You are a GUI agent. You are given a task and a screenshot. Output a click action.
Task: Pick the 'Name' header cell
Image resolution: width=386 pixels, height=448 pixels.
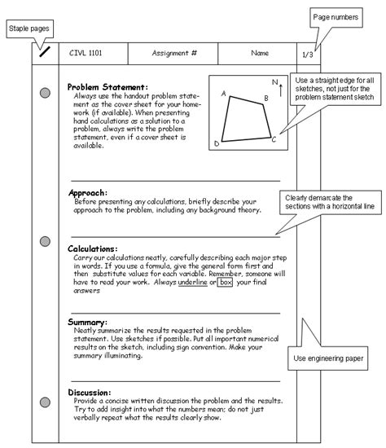260,54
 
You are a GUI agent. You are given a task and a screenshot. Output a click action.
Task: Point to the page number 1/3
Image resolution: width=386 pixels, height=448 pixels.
308,55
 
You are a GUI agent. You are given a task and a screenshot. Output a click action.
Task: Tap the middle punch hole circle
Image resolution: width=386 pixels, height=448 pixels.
45,243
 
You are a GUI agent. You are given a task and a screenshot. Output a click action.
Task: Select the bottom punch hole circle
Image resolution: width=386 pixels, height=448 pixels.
45,401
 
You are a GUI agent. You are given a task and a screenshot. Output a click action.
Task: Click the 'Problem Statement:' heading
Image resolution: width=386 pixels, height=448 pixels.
107,86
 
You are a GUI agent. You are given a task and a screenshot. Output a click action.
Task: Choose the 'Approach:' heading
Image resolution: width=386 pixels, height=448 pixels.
89,193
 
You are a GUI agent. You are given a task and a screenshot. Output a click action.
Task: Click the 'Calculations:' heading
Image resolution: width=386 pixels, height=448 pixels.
93,248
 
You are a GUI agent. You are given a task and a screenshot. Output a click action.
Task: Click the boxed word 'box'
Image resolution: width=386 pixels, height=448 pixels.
226,282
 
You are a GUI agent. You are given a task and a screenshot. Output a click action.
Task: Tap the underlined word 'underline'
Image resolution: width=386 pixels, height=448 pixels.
192,282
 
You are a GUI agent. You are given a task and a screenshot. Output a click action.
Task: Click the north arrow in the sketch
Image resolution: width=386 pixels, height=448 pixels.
280,86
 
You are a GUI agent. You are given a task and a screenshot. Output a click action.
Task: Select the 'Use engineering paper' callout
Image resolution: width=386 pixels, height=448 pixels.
328,357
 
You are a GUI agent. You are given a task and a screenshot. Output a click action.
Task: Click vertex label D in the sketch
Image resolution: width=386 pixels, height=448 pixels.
216,144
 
